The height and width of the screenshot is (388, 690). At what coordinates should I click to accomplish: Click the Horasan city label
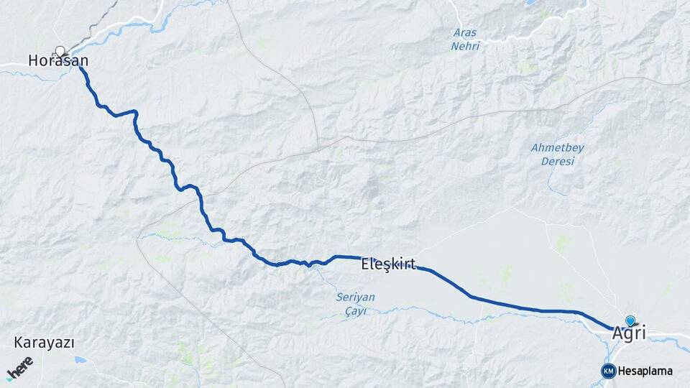coord(53,62)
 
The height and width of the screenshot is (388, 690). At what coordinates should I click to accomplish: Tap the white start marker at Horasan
coord(60,51)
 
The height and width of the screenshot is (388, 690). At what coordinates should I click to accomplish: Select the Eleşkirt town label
coord(388,264)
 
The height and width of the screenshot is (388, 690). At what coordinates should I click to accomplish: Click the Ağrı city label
coord(629,333)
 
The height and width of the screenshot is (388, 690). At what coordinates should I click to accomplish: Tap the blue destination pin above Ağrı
coord(630,320)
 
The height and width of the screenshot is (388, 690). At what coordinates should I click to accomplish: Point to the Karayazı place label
coord(44,343)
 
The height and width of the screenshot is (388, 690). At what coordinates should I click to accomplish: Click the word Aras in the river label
coord(465,32)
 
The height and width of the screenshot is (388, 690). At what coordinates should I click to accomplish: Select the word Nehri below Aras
coord(464,46)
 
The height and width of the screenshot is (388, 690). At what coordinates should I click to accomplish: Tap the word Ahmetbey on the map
coord(557,147)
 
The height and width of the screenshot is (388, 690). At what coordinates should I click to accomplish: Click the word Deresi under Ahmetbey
coord(558,161)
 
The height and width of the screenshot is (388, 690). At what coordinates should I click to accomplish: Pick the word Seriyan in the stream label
coord(355,297)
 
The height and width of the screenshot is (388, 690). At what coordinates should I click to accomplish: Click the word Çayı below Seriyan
coord(354,310)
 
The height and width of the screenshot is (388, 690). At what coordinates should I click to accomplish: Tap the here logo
coord(20,369)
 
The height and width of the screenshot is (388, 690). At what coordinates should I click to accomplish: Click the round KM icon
coord(608,371)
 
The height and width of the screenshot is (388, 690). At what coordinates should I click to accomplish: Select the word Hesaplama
coord(645,371)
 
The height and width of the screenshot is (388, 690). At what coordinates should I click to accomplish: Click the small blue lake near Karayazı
coord(79,359)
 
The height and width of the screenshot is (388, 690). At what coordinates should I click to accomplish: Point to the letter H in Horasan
coord(33,62)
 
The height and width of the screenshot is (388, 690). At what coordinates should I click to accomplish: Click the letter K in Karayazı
coord(18,343)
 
